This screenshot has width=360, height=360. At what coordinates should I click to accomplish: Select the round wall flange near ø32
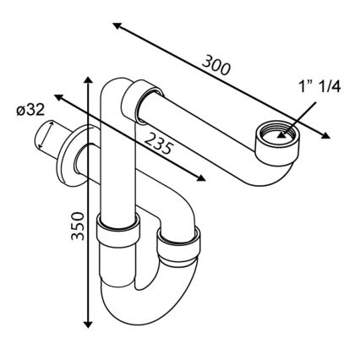coord(74,154)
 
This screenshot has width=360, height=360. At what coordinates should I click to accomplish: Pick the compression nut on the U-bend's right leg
coord(179,246)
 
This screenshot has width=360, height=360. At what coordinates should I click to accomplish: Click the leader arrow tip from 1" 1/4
coord(285,132)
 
